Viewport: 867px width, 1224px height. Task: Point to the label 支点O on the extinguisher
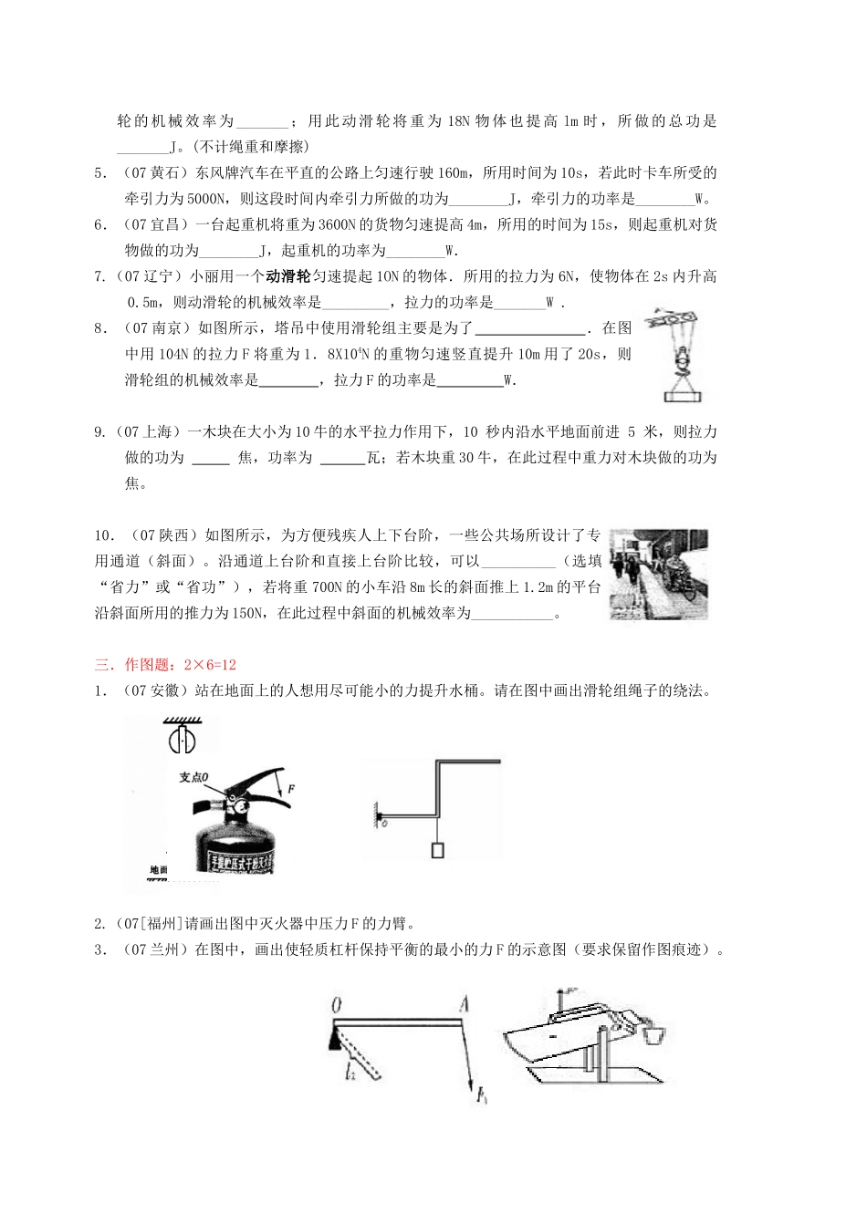(193, 776)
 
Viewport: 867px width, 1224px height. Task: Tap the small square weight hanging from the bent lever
(437, 850)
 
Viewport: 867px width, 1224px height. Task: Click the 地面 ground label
(158, 870)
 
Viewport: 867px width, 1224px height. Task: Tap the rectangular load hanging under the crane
(684, 395)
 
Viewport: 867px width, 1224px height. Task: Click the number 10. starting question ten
(105, 535)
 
